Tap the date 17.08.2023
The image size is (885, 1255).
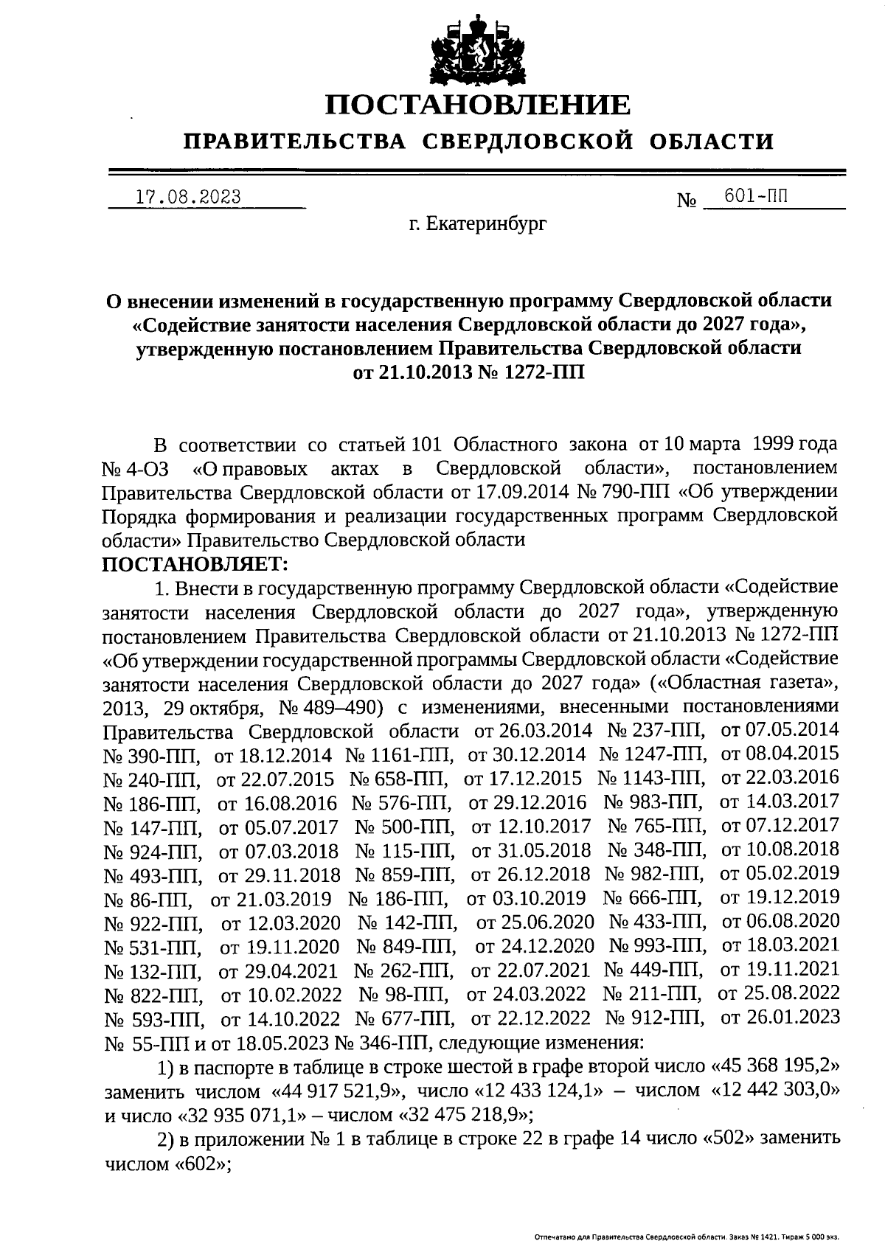coord(189,197)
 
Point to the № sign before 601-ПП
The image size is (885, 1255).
coord(687,201)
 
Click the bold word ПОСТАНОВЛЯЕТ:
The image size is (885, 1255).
coord(195,564)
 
